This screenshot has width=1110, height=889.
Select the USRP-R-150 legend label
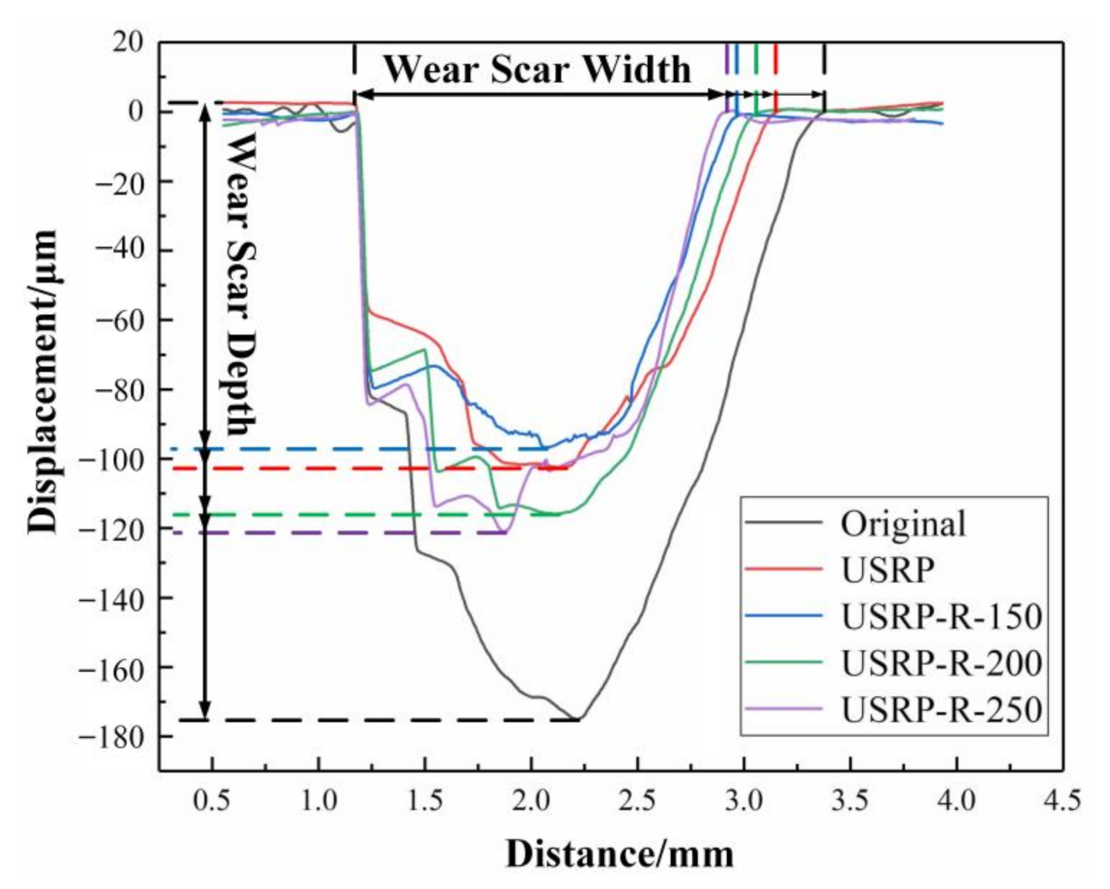point(941,616)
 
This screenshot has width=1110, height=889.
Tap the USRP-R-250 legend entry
point(941,710)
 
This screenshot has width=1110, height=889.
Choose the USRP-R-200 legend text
point(941,663)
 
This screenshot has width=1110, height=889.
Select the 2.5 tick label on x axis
point(637,801)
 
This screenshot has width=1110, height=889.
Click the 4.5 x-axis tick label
point(1063,801)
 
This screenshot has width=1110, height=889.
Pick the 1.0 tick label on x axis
point(318,801)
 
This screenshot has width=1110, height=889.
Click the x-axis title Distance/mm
point(619,854)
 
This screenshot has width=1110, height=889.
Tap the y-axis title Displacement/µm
point(43,381)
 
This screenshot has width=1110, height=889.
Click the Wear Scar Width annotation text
point(537,70)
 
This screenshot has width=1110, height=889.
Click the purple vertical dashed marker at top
point(727,60)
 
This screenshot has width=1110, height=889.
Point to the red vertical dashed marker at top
point(776,60)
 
